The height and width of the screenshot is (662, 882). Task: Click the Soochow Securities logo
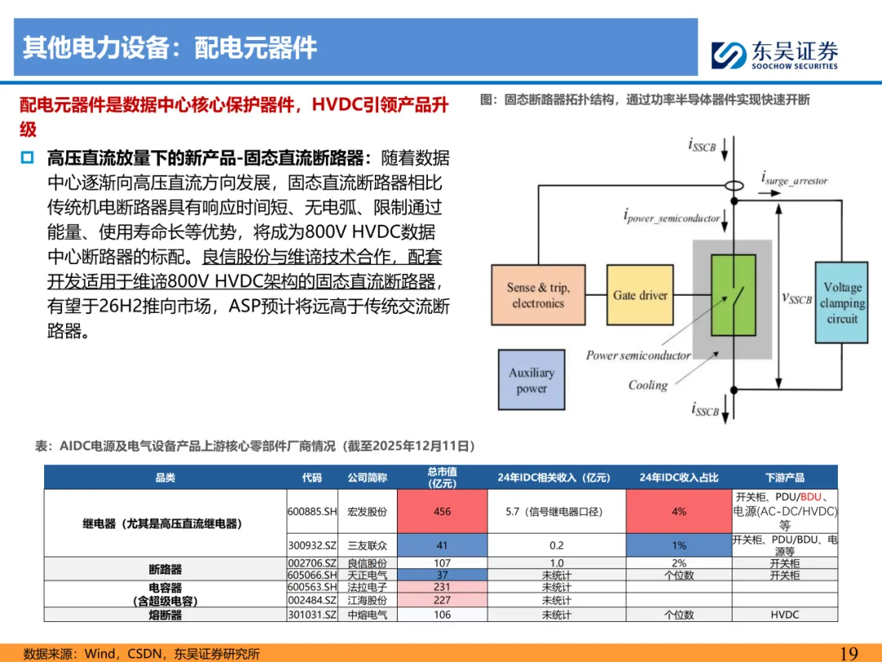click(773, 55)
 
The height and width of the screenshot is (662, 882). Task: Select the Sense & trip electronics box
click(538, 295)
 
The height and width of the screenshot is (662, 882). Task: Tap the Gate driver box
click(640, 295)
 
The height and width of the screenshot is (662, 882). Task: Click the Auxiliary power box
click(532, 380)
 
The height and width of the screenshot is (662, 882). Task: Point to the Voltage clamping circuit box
click(841, 302)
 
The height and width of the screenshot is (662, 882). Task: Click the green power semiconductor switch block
click(733, 295)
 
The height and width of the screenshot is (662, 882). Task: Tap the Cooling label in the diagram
click(648, 385)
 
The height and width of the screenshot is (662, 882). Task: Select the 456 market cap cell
click(442, 512)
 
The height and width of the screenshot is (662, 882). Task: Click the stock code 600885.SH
click(312, 512)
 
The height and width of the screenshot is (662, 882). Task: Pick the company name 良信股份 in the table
click(367, 563)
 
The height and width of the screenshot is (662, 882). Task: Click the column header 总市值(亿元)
click(442, 477)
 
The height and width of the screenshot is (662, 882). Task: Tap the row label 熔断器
click(165, 615)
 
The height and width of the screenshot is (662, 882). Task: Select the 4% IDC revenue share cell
click(679, 512)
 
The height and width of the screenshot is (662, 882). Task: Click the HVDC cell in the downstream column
click(784, 615)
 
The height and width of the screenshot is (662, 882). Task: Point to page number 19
click(849, 653)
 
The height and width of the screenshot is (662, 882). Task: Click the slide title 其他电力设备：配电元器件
click(170, 47)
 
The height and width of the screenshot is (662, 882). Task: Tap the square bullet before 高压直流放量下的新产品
click(28, 157)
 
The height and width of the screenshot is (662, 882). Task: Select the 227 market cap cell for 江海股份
click(442, 600)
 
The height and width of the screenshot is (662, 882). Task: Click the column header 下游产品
click(784, 477)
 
